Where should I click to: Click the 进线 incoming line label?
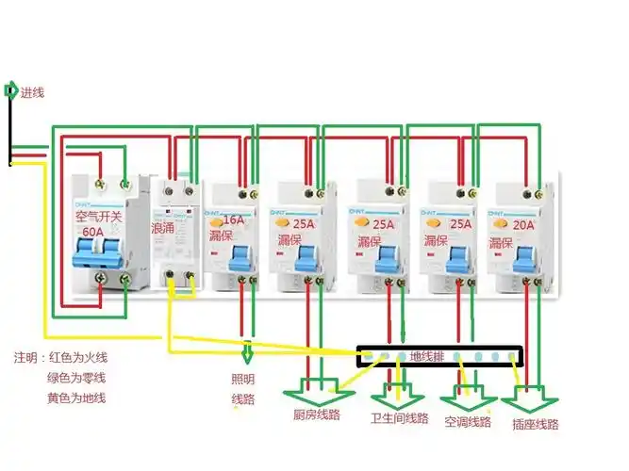(32, 92)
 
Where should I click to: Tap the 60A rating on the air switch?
(92, 231)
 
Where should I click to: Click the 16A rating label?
(232, 219)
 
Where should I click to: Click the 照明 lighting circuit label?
(243, 380)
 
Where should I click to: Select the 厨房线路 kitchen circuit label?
(316, 414)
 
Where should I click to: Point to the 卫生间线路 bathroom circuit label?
(400, 418)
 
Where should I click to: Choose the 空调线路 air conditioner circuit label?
(468, 421)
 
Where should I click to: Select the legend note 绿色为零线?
(77, 378)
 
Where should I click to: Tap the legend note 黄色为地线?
(77, 398)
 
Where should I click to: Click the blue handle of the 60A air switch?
(99, 252)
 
